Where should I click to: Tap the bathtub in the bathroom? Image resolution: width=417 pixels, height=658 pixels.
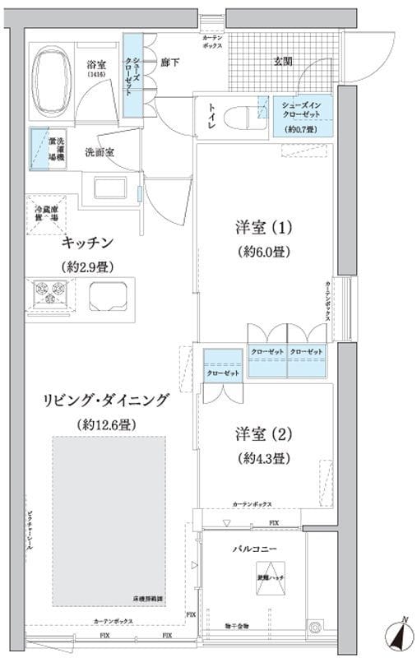pos(54,78)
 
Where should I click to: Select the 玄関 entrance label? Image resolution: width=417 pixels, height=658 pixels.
pos(283,61)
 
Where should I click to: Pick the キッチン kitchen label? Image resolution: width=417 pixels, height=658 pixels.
pos(86,243)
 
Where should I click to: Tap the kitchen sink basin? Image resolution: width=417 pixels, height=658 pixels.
pos(108,293)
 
